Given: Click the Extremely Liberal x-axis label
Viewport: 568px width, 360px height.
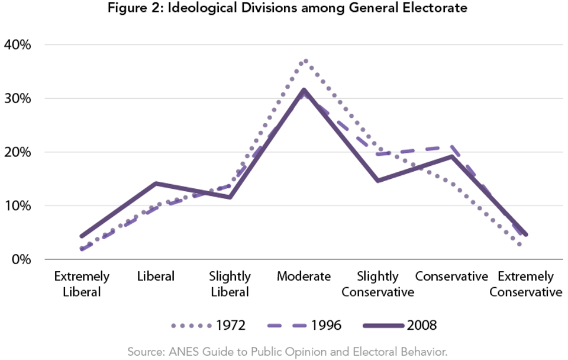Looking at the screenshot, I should coord(82,284).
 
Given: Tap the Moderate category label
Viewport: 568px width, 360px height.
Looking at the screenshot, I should coord(304,277).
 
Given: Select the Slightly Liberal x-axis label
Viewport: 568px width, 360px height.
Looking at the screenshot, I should coord(230,284).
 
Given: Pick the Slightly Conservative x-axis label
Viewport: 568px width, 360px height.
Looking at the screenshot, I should coord(377,284).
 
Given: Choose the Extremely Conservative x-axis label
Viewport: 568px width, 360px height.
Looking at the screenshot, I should coord(525,284).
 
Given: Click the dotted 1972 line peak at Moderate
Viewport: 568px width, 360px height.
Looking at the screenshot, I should coord(304,60).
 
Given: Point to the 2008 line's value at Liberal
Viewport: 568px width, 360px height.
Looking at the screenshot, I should coord(156,184).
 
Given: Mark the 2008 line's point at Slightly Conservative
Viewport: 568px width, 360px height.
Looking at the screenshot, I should coord(377,181).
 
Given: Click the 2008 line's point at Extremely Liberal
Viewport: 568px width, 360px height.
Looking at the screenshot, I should coord(82,236).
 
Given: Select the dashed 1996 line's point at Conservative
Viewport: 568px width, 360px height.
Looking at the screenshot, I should coord(451,146).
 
